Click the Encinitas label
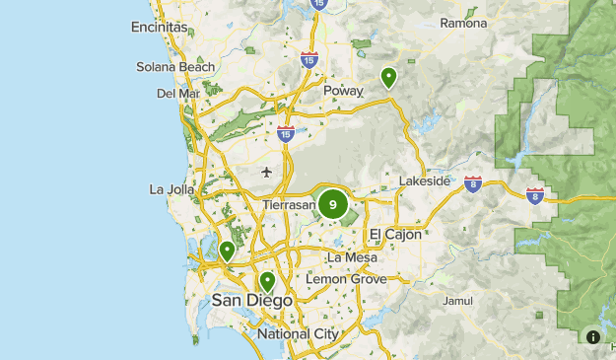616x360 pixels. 159,28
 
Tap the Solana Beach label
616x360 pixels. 176,67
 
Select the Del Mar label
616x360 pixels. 177,94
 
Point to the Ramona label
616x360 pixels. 463,23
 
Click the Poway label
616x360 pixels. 343,91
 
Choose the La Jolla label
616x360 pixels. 169,188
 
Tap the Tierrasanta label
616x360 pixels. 290,205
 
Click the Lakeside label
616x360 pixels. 425,181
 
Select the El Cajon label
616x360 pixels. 395,234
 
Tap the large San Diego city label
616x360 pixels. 252,300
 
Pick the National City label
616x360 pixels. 298,334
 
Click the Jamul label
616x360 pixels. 458,300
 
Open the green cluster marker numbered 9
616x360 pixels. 332,205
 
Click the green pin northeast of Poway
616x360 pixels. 389,77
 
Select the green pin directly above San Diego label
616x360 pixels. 266,282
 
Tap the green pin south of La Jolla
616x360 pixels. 228,252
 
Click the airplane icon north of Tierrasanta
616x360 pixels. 266,173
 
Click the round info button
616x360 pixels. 593,336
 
